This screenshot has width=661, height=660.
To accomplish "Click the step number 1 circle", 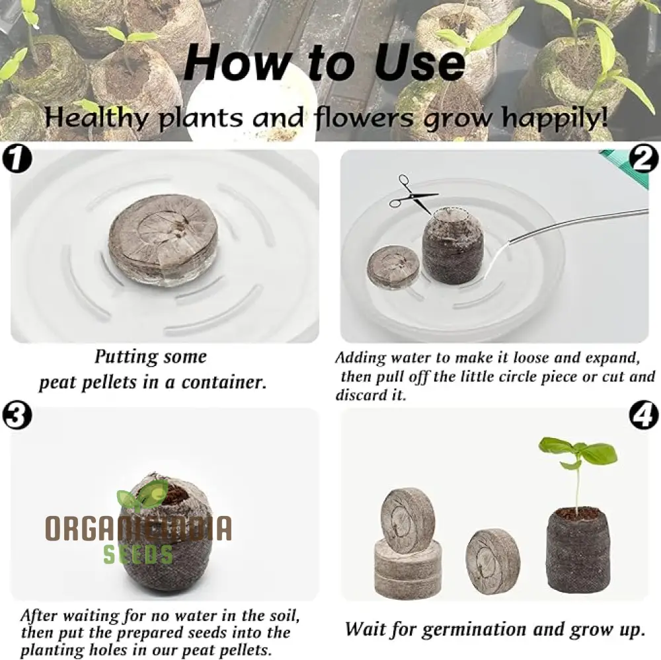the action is tap(17, 160).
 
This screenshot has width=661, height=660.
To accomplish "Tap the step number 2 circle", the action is tap(644, 160).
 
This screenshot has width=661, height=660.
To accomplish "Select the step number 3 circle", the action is tap(17, 416).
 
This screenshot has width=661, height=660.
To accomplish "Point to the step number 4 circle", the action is tap(644, 416).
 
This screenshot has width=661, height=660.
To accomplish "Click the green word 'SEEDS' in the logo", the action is tap(138, 554).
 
